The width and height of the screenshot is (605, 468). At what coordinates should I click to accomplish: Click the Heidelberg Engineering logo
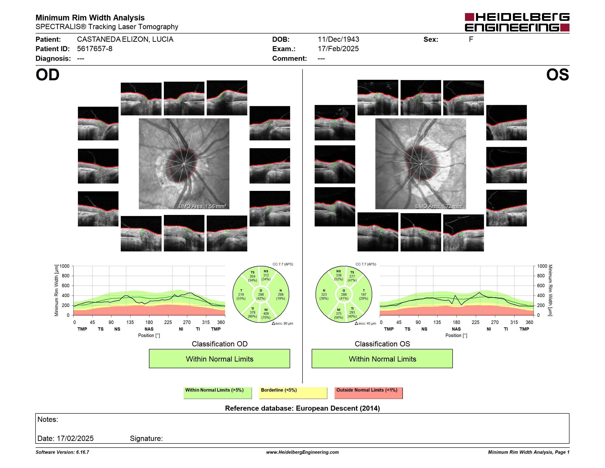pyautogui.click(x=517, y=22)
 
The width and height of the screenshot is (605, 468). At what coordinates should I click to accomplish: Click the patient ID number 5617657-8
pyautogui.click(x=95, y=49)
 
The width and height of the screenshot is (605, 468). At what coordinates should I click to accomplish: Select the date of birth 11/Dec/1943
pyautogui.click(x=338, y=39)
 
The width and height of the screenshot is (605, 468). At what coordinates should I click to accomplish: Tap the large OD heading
pyautogui.click(x=47, y=75)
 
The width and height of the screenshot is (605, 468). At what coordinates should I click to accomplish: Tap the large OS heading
pyautogui.click(x=557, y=75)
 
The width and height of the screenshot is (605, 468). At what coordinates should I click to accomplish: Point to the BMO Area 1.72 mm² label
pyautogui.click(x=439, y=206)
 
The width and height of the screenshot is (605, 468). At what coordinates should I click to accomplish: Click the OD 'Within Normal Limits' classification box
pyautogui.click(x=219, y=359)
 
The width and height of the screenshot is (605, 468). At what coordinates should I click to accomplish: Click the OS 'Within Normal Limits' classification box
pyautogui.click(x=382, y=359)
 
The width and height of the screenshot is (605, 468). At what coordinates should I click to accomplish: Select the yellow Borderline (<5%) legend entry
pyautogui.click(x=293, y=393)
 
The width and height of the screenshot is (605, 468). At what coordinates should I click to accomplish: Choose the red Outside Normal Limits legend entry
pyautogui.click(x=368, y=393)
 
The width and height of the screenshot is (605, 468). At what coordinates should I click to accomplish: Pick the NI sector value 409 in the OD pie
pyautogui.click(x=266, y=314)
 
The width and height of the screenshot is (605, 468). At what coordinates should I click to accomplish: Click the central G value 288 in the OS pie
pyautogui.click(x=344, y=294)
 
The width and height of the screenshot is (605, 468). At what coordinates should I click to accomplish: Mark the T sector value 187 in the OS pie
pyautogui.click(x=364, y=294)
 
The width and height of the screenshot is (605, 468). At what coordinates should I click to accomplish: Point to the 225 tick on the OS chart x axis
pyautogui.click(x=475, y=322)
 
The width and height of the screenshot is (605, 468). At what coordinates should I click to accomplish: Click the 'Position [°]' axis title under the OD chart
pyautogui.click(x=149, y=335)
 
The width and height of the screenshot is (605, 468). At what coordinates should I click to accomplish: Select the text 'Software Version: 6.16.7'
pyautogui.click(x=62, y=452)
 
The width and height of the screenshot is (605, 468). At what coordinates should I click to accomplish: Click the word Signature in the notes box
pyautogui.click(x=146, y=439)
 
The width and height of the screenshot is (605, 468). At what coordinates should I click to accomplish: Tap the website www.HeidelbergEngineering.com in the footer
pyautogui.click(x=302, y=452)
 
